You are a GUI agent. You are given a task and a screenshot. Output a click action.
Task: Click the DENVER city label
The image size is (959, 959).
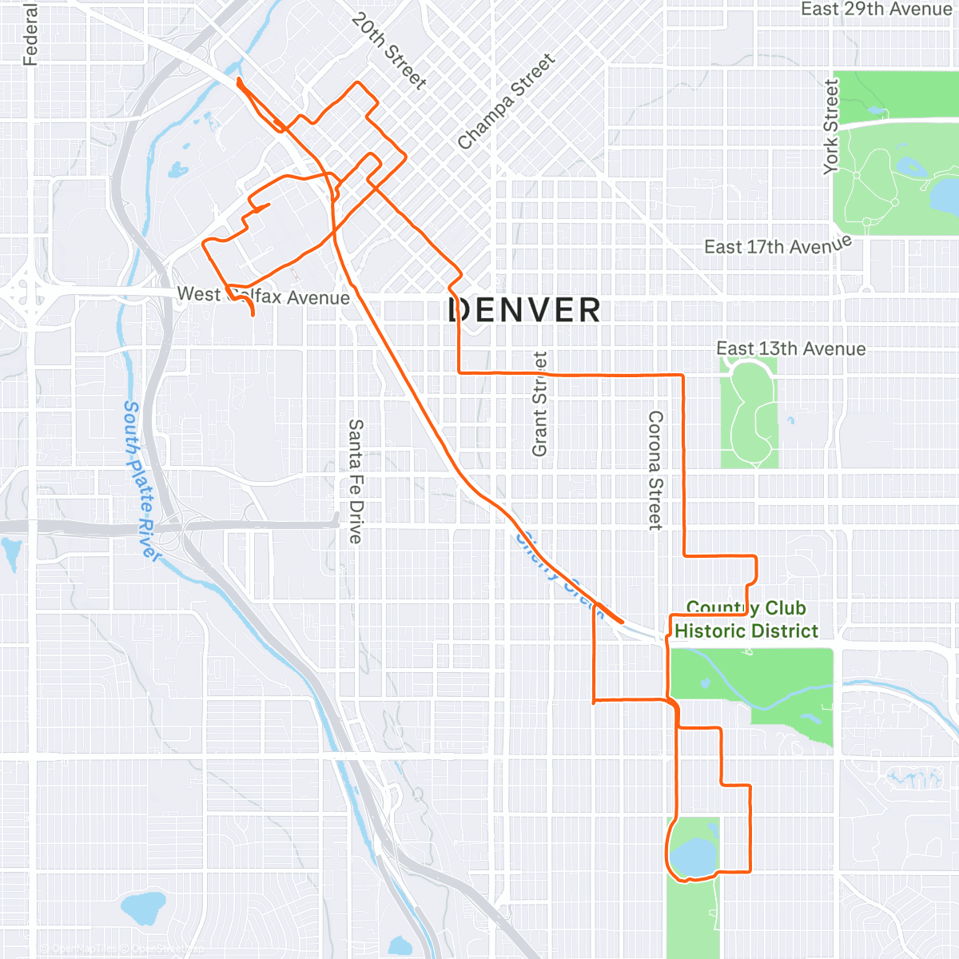coord(524,310)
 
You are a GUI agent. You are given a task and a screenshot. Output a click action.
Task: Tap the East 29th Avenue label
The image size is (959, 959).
coord(876,10)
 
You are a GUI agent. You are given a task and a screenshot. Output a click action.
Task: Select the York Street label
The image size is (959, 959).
coord(832,126)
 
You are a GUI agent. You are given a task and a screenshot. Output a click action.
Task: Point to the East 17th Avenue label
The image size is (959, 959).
coord(778,245)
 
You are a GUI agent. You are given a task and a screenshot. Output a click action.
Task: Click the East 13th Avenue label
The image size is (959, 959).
coord(790,349)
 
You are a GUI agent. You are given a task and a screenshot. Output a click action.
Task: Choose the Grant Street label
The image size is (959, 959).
coord(540,404)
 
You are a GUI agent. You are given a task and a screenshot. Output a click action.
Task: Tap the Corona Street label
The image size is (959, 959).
coord(655,470)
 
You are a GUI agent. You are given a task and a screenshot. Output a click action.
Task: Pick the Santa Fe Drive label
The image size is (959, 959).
coord(356,481)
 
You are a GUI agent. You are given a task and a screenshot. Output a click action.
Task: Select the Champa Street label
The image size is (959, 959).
coord(506,101)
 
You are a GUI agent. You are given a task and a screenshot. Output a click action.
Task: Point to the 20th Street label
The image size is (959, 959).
coord(389,50)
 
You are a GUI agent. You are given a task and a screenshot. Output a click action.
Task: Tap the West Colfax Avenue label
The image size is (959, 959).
coord(264,296)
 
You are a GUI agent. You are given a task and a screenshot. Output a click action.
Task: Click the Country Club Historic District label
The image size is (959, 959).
coord(746,620)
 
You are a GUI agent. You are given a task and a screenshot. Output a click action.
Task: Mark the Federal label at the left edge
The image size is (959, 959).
coord(30,34)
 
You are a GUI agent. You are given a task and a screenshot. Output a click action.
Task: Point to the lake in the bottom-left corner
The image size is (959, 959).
coord(143,907)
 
